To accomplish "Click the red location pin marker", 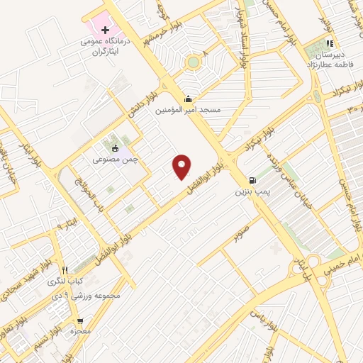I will [x=183, y=166].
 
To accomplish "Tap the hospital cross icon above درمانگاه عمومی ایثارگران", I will [x=106, y=30].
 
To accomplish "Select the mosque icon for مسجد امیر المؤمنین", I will [x=188, y=99].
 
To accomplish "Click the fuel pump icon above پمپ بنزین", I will [x=252, y=180].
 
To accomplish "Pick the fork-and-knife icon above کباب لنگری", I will [x=65, y=270].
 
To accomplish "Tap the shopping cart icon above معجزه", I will [x=80, y=320].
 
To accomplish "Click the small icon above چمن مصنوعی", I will [x=116, y=148].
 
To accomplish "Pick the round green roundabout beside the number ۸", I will [x=193, y=62].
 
